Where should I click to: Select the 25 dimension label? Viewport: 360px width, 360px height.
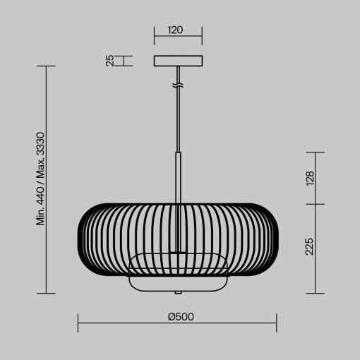(x=111, y=61)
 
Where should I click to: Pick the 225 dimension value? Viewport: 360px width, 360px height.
(x=310, y=248)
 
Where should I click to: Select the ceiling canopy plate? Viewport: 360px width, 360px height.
(x=178, y=61)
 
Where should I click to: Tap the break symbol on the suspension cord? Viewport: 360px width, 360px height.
(x=178, y=86)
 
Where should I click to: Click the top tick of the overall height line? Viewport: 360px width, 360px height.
(x=46, y=66)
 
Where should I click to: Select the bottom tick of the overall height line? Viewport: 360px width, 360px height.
(x=46, y=293)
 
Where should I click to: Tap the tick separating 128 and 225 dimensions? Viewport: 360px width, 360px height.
(x=314, y=204)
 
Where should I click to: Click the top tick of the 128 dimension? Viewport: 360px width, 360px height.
(x=314, y=152)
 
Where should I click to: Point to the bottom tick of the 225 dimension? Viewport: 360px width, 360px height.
(x=314, y=293)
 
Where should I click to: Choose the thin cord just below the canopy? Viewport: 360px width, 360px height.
(x=178, y=76)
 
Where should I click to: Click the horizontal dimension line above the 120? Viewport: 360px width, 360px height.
(x=178, y=40)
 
